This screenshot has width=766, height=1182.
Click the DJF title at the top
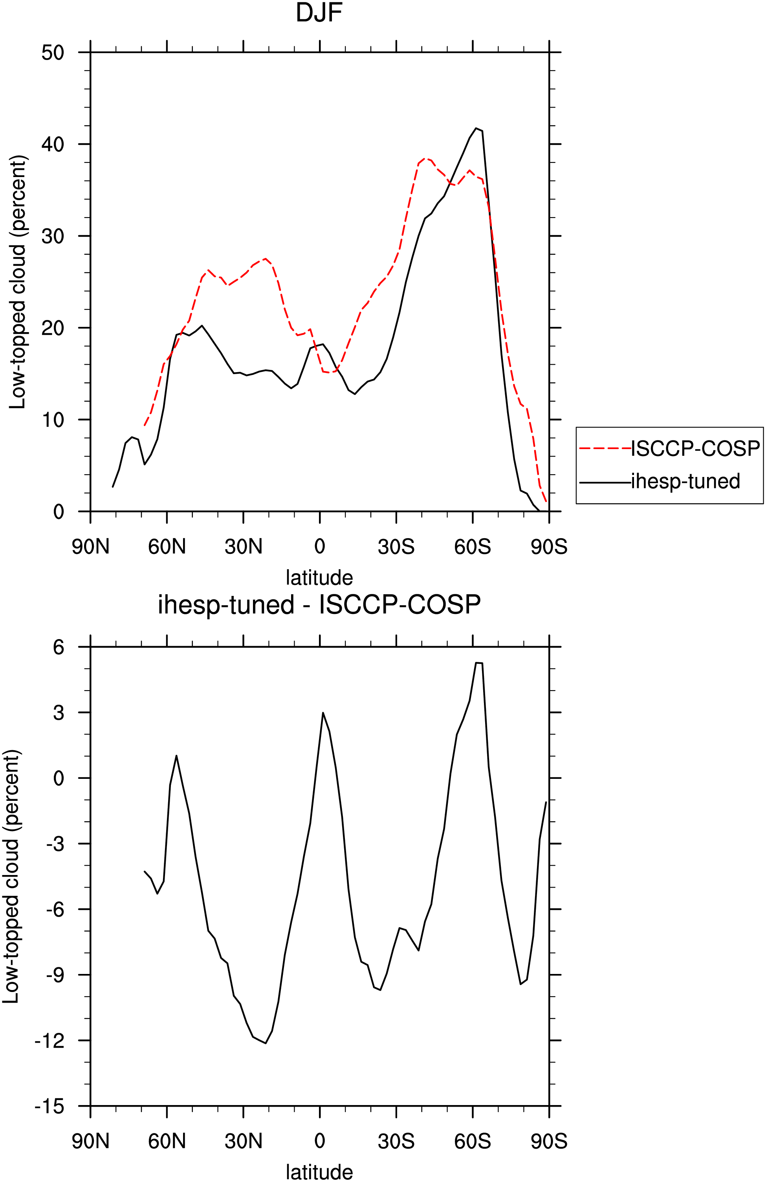coord(319,13)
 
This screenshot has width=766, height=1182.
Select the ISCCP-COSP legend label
coord(695,448)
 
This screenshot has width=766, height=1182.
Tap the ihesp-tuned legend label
coord(685,481)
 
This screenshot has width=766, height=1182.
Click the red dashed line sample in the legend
coord(605,448)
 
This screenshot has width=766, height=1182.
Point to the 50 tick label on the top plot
coord(53,52)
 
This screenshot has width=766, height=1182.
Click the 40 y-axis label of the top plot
coord(53,144)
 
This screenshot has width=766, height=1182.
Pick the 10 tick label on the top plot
coord(53,420)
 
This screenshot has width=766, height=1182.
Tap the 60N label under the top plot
coord(167,547)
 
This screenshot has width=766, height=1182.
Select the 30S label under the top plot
coord(396,547)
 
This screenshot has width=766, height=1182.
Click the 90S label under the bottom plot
coord(549,1141)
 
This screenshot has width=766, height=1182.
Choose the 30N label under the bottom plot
coord(244,1141)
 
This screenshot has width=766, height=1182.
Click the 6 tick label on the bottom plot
coord(59,647)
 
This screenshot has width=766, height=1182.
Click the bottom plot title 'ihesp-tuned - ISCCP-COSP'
coord(319,605)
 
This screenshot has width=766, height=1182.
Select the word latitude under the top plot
coord(319,577)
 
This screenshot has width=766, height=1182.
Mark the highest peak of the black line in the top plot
coord(476,128)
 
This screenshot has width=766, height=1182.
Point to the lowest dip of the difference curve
coord(266,1043)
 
